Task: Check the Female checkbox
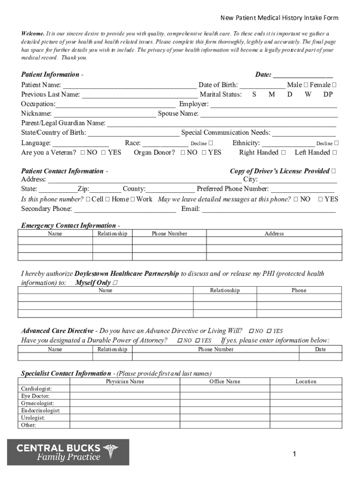click(x=334, y=85)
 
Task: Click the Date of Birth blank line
click(x=262, y=87)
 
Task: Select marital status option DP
click(x=328, y=94)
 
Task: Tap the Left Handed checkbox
click(x=334, y=152)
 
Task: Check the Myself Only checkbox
click(x=115, y=283)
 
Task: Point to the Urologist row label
click(x=33, y=418)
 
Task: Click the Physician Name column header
click(x=125, y=382)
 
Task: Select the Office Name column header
click(x=225, y=382)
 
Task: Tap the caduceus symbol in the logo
click(x=110, y=451)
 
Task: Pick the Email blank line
click(x=268, y=210)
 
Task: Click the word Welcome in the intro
click(x=33, y=34)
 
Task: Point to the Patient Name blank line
click(x=130, y=87)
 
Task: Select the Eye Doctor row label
click(x=35, y=396)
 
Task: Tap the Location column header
click(x=306, y=382)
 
